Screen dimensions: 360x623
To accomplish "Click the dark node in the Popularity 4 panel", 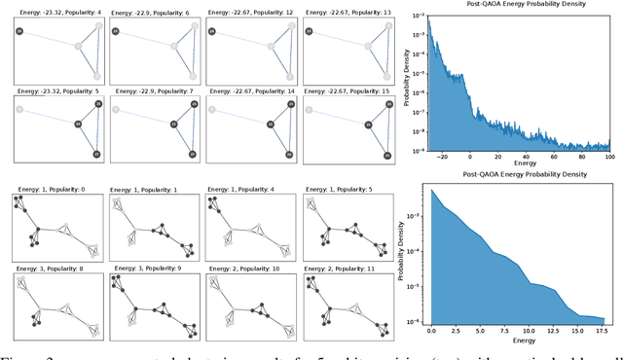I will coord(19,32).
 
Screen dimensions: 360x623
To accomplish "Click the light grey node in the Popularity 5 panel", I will coord(19,108).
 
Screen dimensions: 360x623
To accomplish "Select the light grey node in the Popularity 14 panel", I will coord(213,108).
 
